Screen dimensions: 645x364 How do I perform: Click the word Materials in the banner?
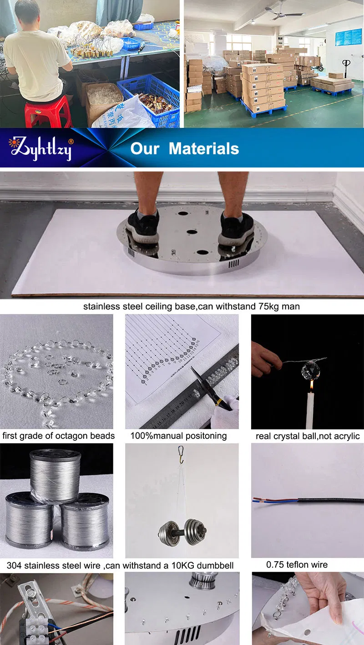click(x=204, y=148)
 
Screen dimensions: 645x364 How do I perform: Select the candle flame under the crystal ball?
click(x=311, y=386)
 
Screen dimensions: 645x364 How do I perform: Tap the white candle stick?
click(x=311, y=410)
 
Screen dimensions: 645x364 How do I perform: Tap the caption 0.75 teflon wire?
click(x=297, y=564)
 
